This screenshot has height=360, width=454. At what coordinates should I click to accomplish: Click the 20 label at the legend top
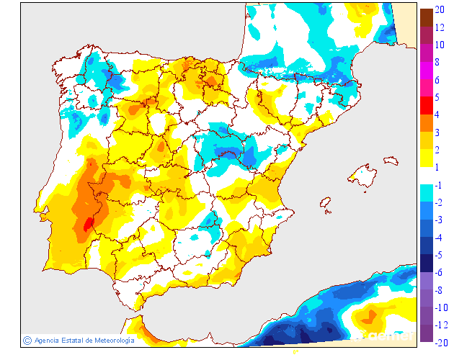click(439, 9)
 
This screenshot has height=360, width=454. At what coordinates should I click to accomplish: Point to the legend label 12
click(439, 27)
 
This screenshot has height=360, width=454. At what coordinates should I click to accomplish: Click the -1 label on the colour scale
click(438, 185)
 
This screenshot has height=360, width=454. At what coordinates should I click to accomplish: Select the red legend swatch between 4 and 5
click(426, 105)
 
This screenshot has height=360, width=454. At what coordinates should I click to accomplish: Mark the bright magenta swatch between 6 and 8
click(426, 70)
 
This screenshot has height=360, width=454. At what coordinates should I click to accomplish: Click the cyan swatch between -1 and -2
click(426, 193)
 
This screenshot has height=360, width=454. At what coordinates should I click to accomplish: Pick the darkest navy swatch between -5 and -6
click(426, 263)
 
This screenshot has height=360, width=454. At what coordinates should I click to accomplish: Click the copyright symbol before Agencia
click(27, 340)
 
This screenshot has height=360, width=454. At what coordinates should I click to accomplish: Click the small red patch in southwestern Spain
click(89, 225)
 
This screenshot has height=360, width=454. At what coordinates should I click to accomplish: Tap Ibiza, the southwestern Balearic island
click(326, 204)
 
